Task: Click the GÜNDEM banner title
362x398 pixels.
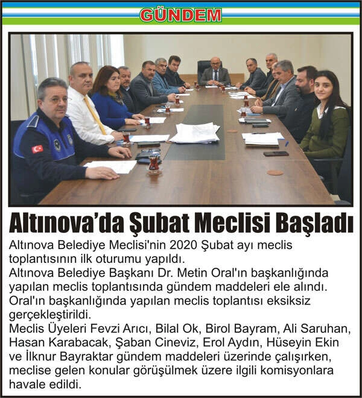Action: (x=180, y=14)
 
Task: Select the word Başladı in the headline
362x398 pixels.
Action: (x=316, y=223)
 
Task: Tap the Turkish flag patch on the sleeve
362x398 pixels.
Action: (x=37, y=148)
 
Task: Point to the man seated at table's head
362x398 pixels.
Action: (x=215, y=72)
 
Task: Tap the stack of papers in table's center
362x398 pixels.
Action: (x=194, y=133)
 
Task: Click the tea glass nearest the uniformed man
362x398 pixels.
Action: (x=154, y=163)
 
